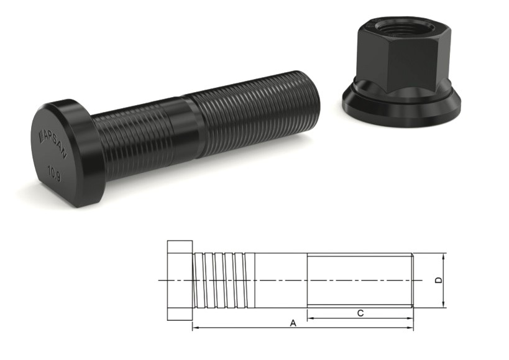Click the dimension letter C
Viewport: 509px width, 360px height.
[360, 313]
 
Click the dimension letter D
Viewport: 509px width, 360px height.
[438, 280]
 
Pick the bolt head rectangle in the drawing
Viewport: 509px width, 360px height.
[180, 280]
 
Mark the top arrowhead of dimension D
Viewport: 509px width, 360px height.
[444, 257]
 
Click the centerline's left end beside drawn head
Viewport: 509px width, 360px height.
[160, 280]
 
